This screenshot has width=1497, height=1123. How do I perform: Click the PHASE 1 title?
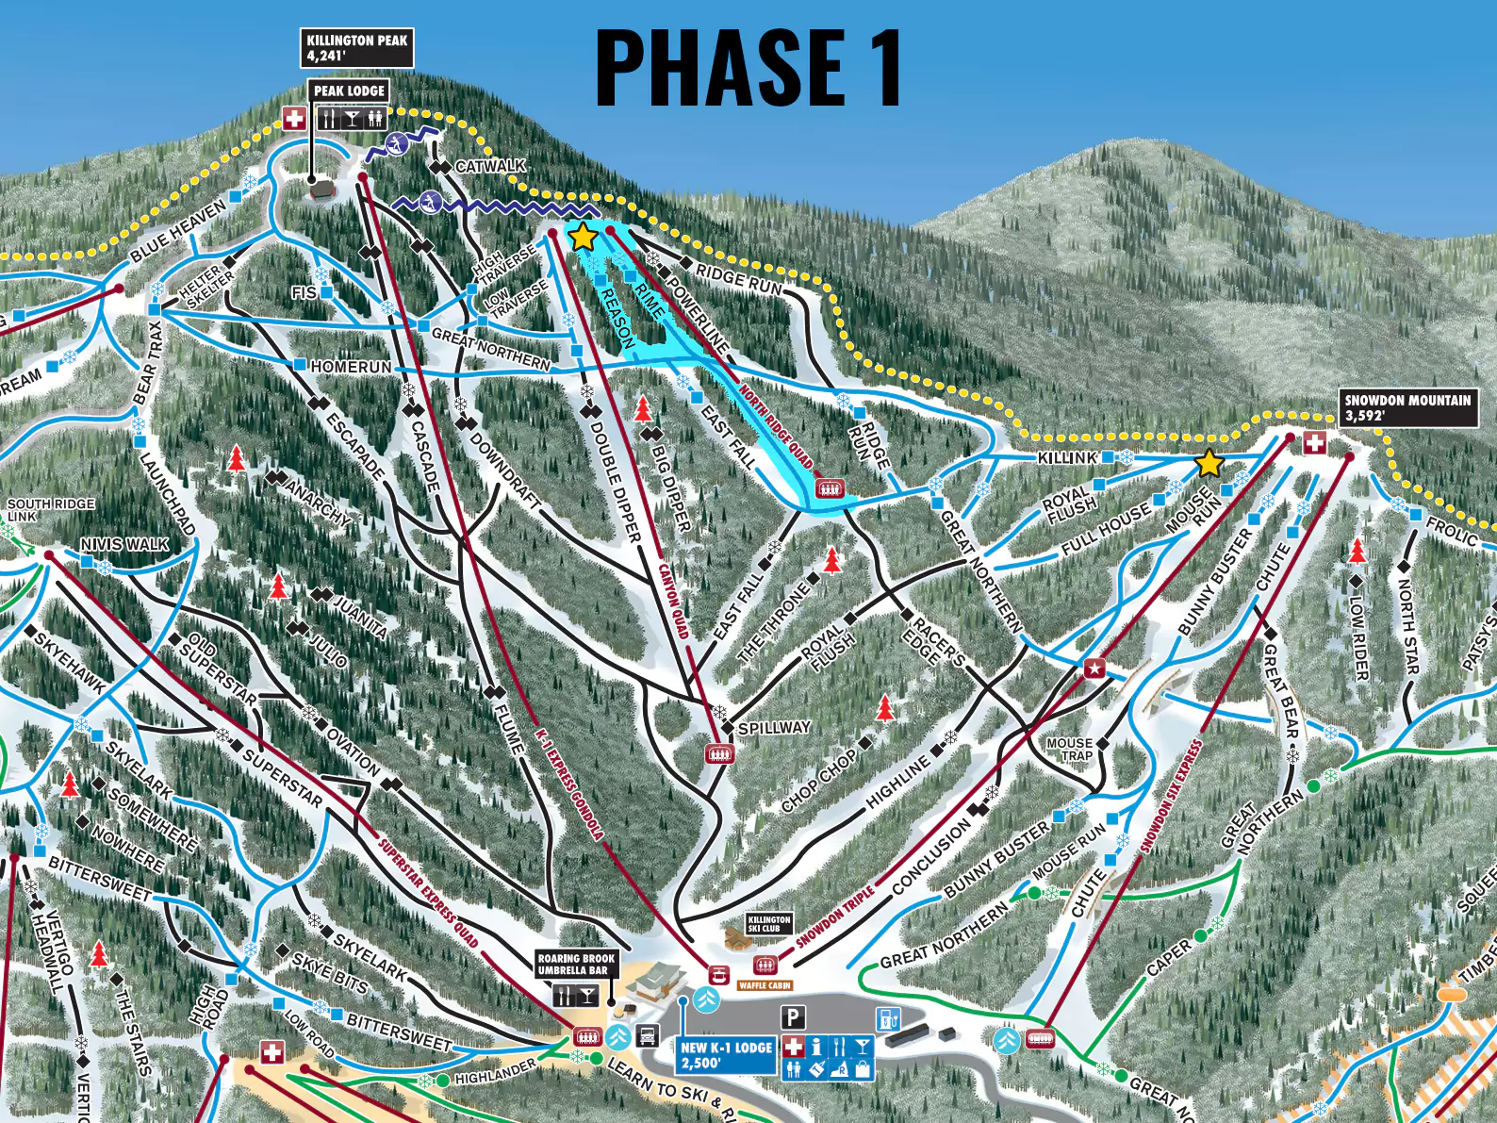click(x=749, y=67)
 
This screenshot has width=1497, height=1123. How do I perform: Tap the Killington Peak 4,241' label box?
click(x=356, y=48)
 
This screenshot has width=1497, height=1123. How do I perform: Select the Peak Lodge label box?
click(x=349, y=91)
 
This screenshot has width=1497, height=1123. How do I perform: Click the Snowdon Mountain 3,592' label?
click(x=1407, y=407)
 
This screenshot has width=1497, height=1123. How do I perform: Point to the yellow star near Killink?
click(x=1209, y=464)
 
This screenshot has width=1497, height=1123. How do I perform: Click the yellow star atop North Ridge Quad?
click(x=583, y=237)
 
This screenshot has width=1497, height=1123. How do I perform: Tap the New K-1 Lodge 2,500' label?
click(x=726, y=1054)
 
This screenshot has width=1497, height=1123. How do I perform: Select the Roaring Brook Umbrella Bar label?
click(x=575, y=964)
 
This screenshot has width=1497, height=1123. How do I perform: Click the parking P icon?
click(x=794, y=1017)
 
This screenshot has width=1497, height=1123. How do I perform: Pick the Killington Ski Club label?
click(x=769, y=924)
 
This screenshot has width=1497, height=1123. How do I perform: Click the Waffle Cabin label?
click(x=765, y=985)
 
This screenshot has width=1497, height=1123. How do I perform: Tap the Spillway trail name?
click(x=774, y=728)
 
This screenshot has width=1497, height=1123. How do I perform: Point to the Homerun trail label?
click(x=351, y=366)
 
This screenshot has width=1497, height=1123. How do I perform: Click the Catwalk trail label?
click(x=489, y=166)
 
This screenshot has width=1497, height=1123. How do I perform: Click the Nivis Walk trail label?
click(x=124, y=544)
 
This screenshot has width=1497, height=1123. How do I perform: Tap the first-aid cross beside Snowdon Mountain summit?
click(x=1313, y=442)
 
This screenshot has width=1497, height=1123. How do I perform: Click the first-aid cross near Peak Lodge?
click(x=295, y=118)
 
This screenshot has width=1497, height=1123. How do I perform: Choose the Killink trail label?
click(x=1067, y=457)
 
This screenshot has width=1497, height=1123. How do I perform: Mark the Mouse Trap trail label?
click(x=1069, y=750)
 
